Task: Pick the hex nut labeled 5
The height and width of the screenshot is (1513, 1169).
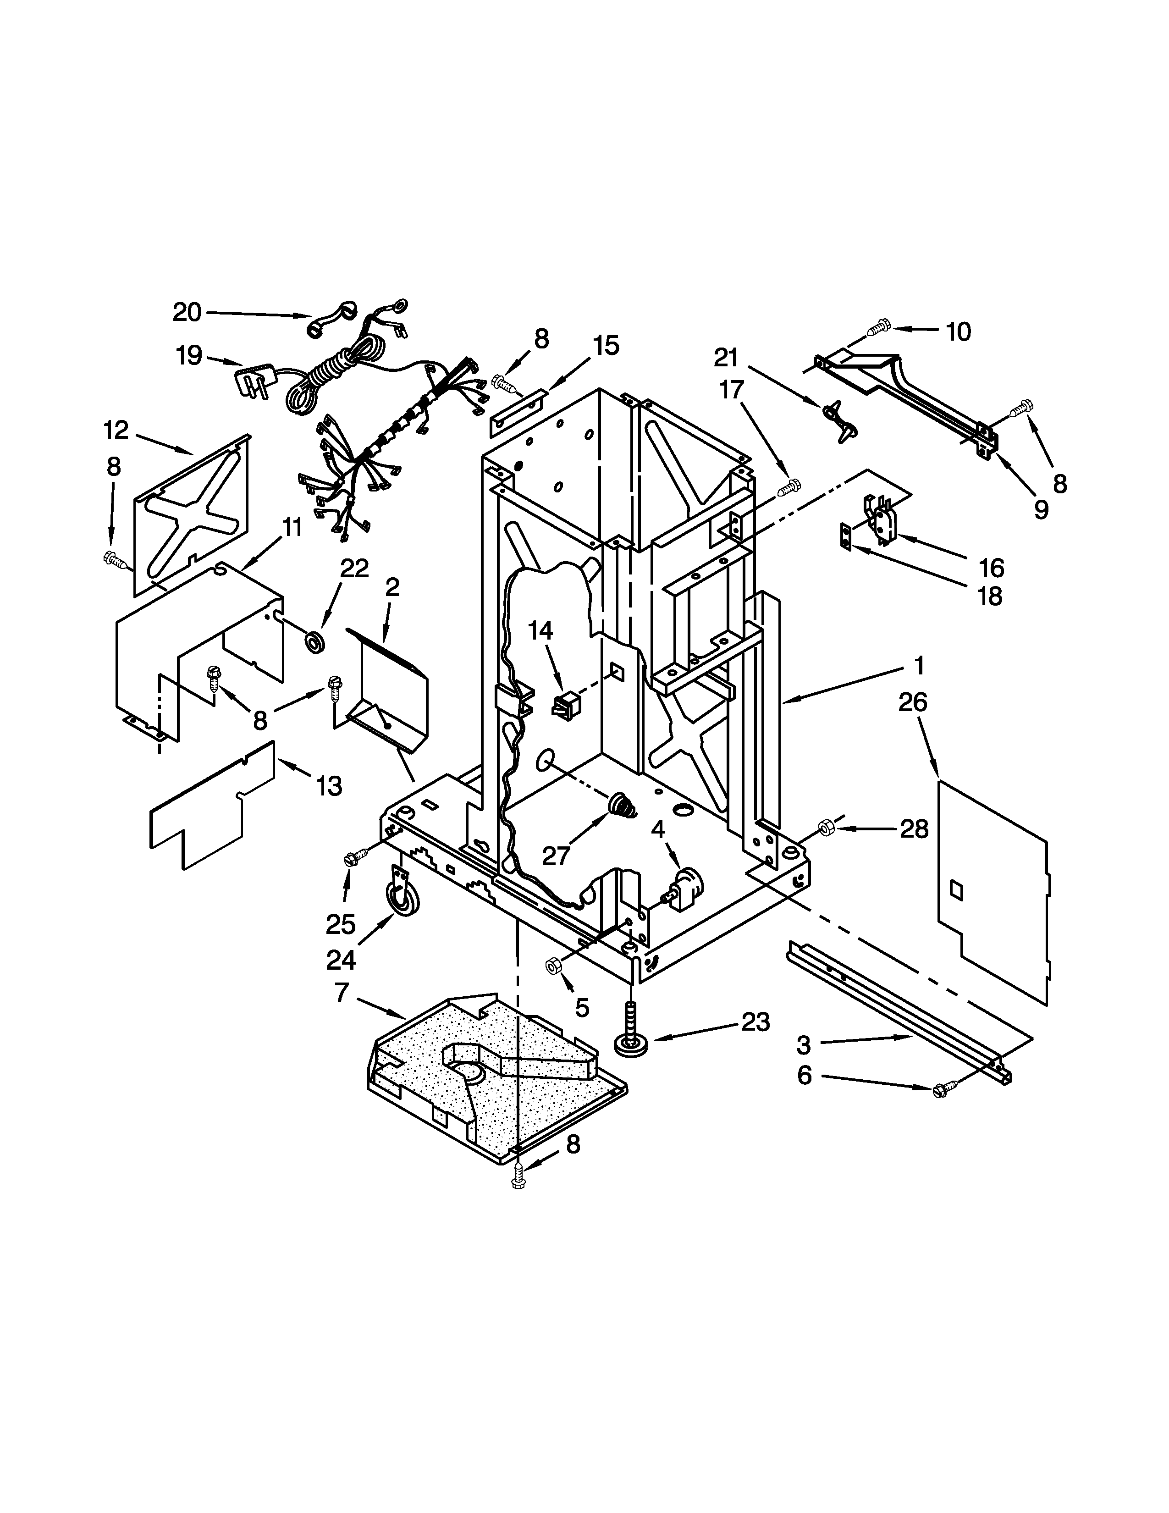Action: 553,966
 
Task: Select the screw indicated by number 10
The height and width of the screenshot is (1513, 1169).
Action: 879,326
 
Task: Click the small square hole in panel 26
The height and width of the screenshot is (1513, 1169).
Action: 956,889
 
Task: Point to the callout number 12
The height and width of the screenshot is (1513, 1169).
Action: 116,430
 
